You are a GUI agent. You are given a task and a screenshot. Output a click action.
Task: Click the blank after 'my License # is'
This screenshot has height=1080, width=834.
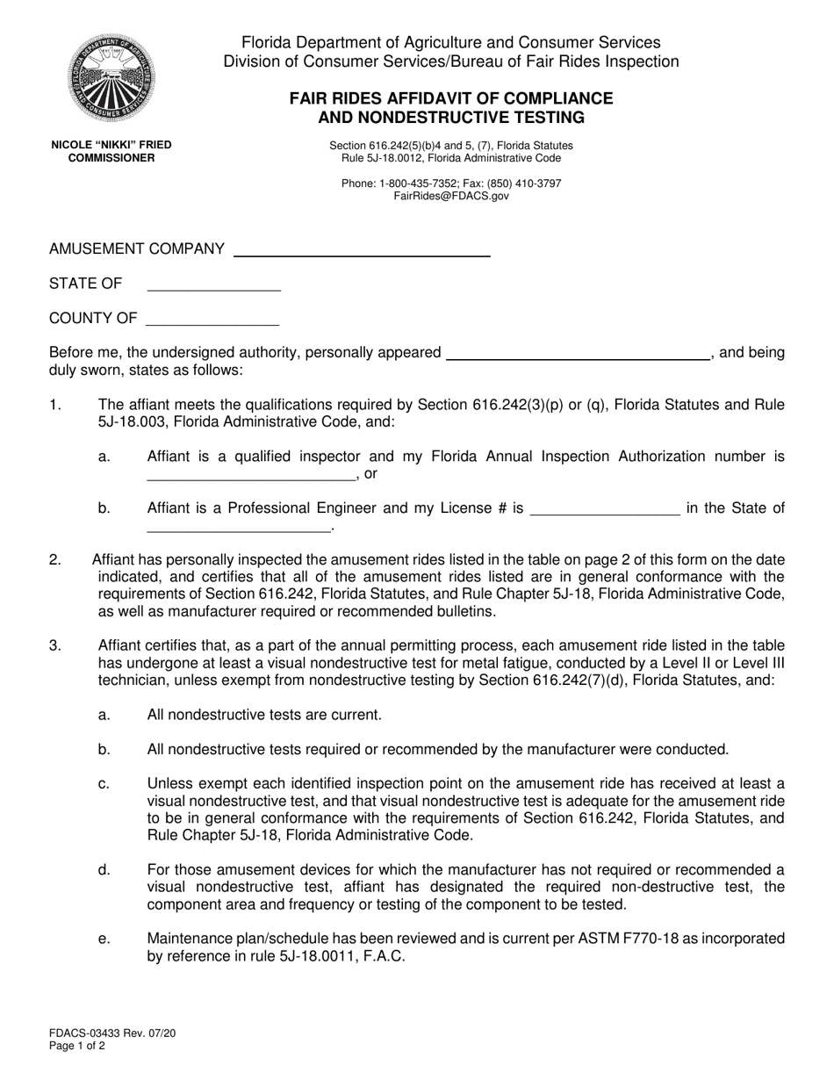(606, 513)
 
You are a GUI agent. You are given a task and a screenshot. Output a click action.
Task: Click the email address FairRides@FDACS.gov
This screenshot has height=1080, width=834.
(451, 197)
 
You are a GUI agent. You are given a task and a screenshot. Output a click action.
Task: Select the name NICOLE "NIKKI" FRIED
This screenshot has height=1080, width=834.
(111, 145)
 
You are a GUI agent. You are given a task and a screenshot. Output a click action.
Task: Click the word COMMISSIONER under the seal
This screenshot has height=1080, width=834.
(111, 158)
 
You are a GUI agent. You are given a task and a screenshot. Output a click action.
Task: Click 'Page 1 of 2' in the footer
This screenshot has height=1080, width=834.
(77, 1047)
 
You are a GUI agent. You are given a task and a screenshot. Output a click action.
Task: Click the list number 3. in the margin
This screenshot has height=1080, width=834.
(54, 645)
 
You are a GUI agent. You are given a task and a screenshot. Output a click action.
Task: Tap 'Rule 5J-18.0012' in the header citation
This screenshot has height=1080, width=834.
(383, 158)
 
